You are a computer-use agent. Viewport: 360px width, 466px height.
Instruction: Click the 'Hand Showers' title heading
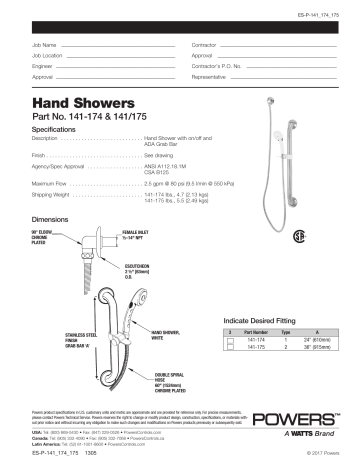pos(76,102)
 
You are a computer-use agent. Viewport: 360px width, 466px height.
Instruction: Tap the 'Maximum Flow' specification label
pos(56,185)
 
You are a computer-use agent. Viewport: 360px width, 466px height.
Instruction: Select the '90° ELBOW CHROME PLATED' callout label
pos(48,237)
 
